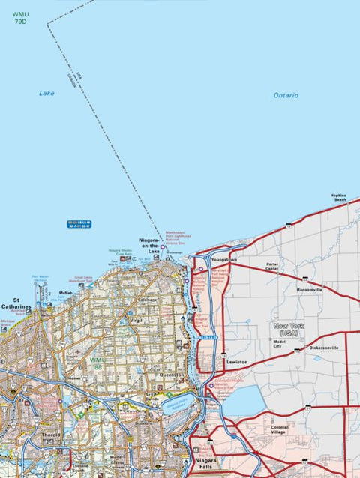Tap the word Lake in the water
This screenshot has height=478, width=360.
click(x=46, y=94)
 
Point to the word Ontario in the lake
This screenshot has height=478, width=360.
click(x=286, y=96)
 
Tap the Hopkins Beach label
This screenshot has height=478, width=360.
click(x=339, y=198)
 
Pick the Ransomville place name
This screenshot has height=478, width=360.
click(x=310, y=289)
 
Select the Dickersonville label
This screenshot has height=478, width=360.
click(x=324, y=348)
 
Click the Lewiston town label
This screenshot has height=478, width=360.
click(x=237, y=362)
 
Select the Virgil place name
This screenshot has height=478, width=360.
click(x=136, y=320)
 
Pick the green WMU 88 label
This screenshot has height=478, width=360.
click(x=97, y=363)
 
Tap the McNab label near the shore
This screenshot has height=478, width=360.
click(x=65, y=293)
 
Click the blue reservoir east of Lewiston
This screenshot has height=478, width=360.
click(x=241, y=402)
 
